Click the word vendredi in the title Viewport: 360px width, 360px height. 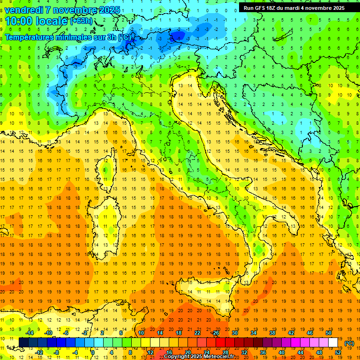(x=24, y=10)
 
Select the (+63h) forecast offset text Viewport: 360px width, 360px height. (x=81, y=21)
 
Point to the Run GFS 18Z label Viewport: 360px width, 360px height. (x=262, y=8)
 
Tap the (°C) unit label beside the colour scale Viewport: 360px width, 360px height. (x=349, y=343)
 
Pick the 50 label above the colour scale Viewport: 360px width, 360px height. (x=329, y=333)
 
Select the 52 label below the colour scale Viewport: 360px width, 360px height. (x=337, y=352)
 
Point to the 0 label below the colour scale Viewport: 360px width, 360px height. (x=93, y=352)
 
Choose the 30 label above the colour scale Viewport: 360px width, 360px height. (x=235, y=333)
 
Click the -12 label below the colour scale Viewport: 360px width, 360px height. (x=39, y=352)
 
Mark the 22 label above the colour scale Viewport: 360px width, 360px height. (x=197, y=333)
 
